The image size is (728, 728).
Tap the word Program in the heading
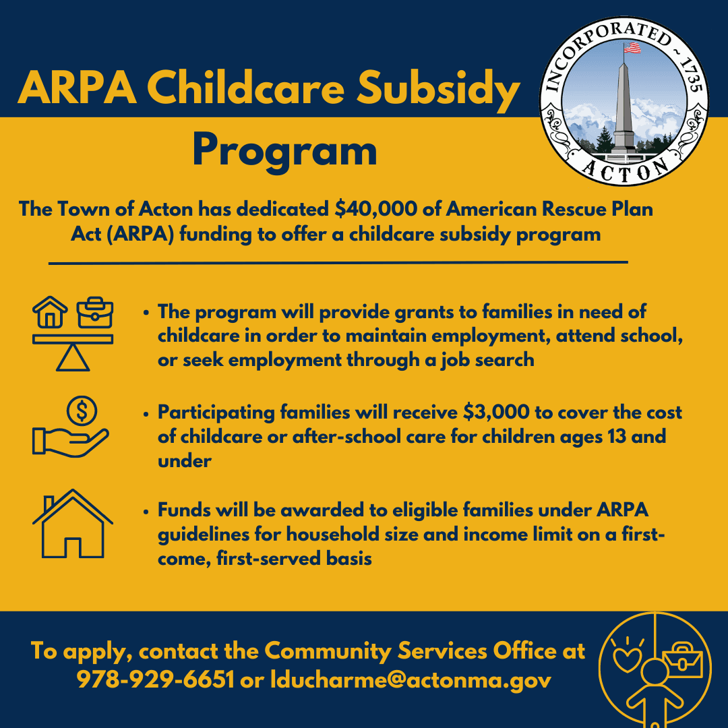pyautogui.click(x=284, y=151)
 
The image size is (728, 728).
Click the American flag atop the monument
pyautogui.click(x=632, y=48)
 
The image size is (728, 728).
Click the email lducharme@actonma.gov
pyautogui.click(x=411, y=679)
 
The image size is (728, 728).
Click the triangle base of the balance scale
pyautogui.click(x=72, y=359)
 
